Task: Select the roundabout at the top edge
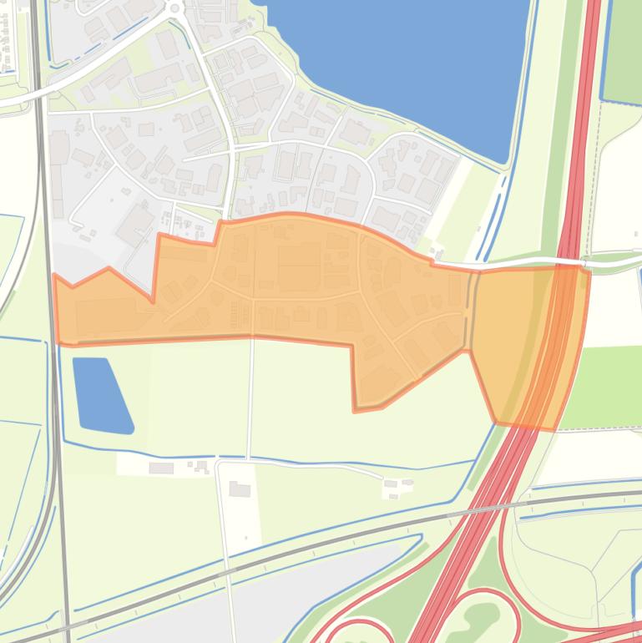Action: (174, 8)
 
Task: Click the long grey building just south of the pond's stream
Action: (161, 468)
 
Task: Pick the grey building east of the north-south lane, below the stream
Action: (240, 489)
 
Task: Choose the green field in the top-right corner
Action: (623, 50)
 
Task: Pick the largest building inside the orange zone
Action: (299, 255)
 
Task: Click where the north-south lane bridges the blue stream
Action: (248, 458)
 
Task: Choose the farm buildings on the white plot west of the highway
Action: (397, 484)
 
